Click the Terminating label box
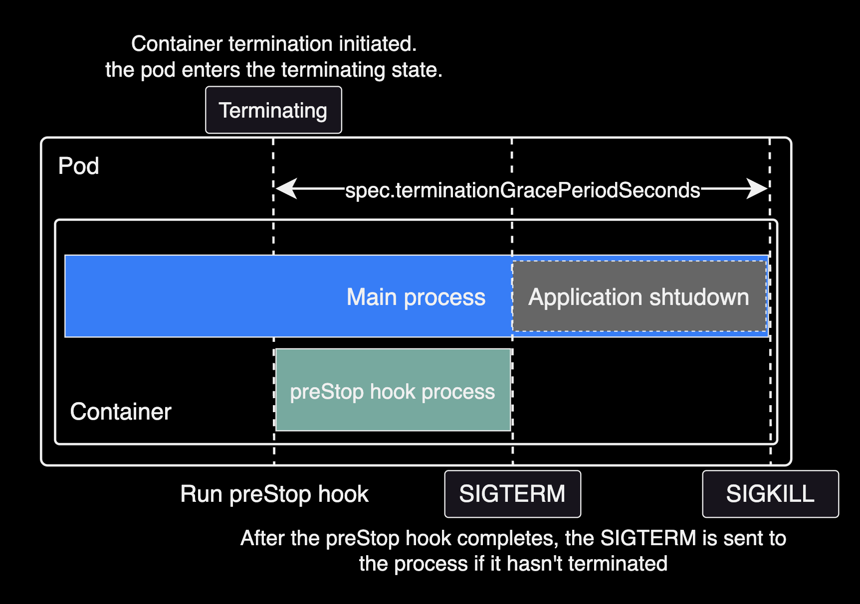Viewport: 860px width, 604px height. (x=273, y=110)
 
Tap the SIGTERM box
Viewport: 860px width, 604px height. (x=512, y=494)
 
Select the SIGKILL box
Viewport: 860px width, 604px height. (x=770, y=494)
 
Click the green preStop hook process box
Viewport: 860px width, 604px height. (x=393, y=390)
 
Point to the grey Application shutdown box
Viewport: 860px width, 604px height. (x=639, y=297)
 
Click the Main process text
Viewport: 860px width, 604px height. (x=416, y=297)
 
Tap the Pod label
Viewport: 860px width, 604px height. (x=78, y=166)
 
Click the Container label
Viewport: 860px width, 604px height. (x=121, y=412)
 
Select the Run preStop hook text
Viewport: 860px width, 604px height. (x=274, y=494)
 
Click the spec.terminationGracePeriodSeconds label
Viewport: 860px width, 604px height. (x=522, y=190)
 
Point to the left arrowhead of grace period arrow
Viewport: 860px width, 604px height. (x=285, y=189)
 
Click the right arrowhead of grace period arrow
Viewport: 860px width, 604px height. (x=758, y=189)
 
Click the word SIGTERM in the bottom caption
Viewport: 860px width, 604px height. (x=648, y=538)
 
